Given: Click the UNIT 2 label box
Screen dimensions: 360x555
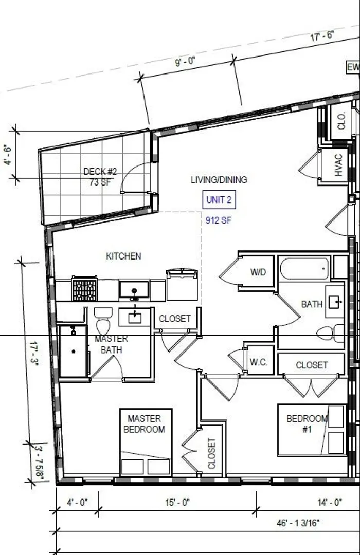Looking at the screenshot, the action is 219,199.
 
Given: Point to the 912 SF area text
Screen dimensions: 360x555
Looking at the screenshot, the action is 218,220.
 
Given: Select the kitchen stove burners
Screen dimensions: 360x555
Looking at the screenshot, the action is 84,289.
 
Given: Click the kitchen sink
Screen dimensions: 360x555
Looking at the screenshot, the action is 134,289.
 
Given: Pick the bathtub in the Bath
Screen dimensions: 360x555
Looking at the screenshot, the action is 304,269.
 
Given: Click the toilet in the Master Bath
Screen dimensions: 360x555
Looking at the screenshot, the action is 103,321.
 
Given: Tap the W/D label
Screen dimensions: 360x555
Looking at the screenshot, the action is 258,272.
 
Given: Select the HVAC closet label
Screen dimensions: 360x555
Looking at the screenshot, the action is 338,165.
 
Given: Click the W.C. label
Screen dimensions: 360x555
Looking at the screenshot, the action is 259,362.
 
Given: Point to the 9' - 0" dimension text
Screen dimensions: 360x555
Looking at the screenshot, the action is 185,62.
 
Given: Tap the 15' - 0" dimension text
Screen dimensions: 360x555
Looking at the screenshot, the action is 177,502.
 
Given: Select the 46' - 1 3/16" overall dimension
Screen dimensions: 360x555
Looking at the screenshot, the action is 298,523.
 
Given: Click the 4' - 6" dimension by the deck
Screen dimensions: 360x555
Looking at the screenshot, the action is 7,155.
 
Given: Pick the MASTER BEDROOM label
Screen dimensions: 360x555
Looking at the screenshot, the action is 144,423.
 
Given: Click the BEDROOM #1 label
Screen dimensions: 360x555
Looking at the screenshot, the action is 307,423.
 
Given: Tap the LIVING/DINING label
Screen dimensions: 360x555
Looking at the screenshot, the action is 219,180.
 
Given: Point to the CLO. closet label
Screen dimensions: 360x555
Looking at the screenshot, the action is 341,121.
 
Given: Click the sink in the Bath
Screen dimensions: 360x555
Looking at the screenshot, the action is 335,302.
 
